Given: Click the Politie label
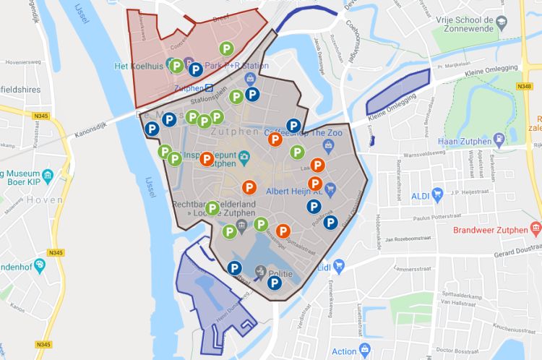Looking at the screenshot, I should coord(280,275).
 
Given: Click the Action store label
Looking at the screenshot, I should coord(345,352).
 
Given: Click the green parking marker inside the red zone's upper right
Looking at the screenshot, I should coord(227,49).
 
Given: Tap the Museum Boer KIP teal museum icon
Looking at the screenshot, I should coord(48,176).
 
